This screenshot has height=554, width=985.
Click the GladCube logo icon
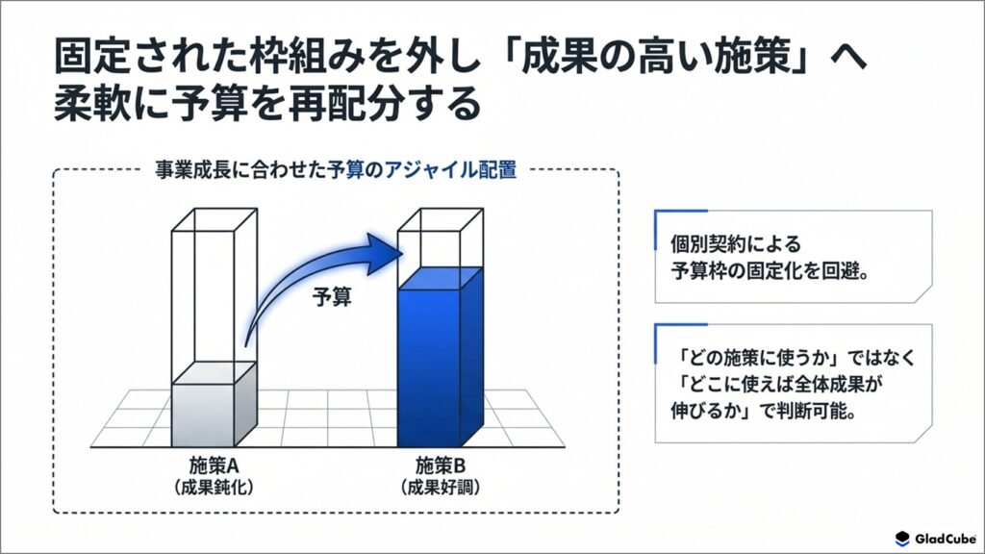tap(902, 539)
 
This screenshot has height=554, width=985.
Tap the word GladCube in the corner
tap(946, 539)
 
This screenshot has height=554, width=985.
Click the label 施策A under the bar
tap(215, 466)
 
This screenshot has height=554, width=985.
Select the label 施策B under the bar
tap(441, 466)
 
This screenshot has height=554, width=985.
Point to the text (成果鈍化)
tap(215, 488)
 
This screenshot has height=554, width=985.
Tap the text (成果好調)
tap(441, 488)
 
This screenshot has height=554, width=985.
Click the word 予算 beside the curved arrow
tap(332, 296)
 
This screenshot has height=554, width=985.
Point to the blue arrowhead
tap(385, 253)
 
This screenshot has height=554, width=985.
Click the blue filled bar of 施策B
tap(441, 357)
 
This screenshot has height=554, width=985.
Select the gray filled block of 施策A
tap(215, 405)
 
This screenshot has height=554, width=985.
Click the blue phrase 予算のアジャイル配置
tap(422, 169)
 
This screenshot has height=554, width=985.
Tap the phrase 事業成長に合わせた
tap(240, 169)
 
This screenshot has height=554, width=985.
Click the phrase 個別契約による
tap(735, 243)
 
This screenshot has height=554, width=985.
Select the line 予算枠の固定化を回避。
tap(770, 271)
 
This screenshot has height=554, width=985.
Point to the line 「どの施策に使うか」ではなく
tap(793, 357)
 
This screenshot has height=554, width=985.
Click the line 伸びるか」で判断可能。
tap(764, 412)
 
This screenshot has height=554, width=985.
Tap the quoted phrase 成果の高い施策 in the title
tap(654, 57)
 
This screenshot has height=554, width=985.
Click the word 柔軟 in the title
tap(91, 103)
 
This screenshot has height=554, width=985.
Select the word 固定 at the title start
tap(91, 57)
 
